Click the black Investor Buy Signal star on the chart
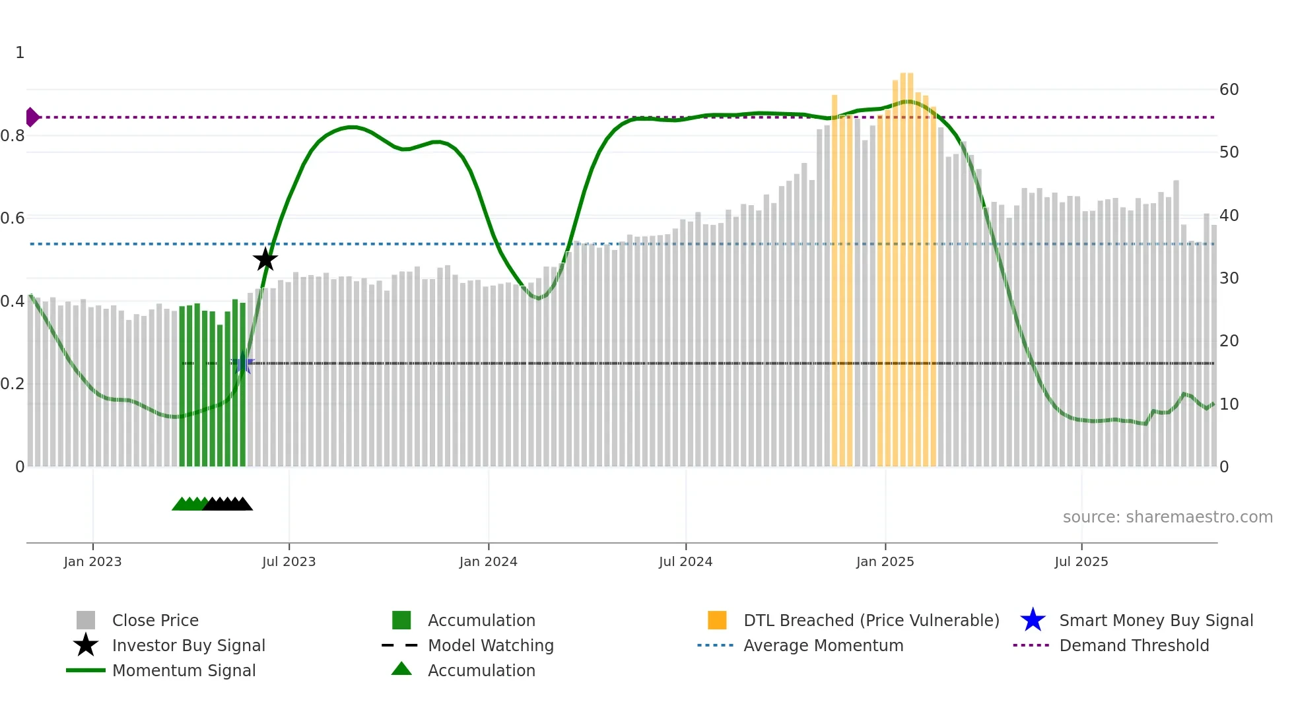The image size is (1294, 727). point(265,260)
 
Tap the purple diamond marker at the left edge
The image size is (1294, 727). point(32,117)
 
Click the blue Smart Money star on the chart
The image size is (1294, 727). point(243,363)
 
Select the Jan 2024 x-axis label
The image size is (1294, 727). point(488,561)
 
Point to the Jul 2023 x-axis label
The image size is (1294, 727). point(289,561)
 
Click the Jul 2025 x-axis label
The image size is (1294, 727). point(1081,561)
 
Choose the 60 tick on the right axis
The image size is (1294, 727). point(1229,89)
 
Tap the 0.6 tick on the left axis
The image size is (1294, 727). point(13,218)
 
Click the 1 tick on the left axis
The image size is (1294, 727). point(20,52)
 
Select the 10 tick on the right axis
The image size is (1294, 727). point(1229,404)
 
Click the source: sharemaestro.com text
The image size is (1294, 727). point(1167,517)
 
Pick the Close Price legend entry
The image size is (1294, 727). point(155,620)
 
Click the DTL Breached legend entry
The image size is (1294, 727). point(871,620)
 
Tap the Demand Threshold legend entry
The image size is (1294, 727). point(1134,645)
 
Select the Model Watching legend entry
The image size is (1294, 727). point(491,645)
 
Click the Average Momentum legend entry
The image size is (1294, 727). point(823,645)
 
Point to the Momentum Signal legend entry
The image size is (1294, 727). point(184,670)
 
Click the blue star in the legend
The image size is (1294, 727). point(1033,620)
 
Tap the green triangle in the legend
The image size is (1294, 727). point(401,669)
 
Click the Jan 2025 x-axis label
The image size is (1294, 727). point(885,561)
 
